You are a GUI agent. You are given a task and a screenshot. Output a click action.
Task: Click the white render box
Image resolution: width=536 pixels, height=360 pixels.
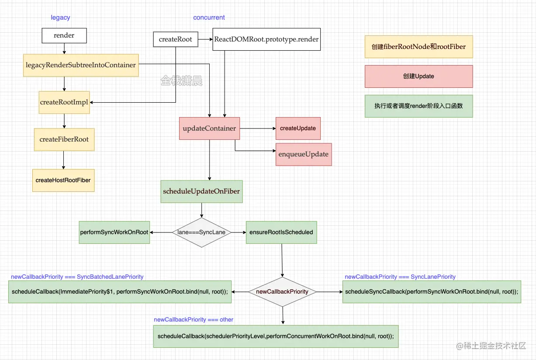[64, 36]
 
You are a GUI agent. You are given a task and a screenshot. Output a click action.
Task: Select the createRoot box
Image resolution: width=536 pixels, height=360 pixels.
[175, 39]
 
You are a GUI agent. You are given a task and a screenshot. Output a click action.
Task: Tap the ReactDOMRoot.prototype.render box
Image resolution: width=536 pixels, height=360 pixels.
[266, 39]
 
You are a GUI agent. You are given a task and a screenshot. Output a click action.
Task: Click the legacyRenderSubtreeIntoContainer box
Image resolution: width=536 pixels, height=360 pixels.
[81, 65]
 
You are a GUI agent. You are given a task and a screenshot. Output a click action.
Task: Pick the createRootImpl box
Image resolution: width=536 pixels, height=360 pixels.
[64, 102]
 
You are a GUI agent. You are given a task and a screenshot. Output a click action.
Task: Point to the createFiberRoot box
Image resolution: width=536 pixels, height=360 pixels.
[64, 139]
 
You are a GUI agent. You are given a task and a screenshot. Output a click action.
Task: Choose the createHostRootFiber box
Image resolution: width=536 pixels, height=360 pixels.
[63, 180]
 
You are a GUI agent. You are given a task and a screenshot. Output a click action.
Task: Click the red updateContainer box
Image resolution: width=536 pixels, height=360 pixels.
[209, 128]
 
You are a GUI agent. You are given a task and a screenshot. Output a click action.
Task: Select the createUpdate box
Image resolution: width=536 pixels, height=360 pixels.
[298, 128]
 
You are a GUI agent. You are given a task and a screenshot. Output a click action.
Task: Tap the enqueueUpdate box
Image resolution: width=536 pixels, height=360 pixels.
[304, 154]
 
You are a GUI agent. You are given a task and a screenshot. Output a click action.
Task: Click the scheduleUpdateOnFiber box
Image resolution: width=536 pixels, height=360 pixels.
[201, 191]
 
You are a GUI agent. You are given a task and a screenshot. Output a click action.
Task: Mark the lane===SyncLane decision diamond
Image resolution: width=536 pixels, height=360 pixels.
[201, 232]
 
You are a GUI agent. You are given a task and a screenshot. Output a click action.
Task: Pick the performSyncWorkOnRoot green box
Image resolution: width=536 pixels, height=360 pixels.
[114, 232]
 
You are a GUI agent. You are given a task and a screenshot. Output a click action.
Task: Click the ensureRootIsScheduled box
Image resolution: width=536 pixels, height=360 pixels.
[281, 232]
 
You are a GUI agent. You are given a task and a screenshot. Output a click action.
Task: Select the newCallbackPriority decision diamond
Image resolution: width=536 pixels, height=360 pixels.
[282, 292]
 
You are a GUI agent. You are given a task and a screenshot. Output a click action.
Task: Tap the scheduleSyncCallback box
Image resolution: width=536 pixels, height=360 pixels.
[432, 292]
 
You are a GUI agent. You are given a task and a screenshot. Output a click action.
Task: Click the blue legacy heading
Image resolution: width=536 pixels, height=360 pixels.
[60, 18]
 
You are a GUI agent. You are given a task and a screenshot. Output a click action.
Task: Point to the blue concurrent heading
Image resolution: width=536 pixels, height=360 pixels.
[209, 18]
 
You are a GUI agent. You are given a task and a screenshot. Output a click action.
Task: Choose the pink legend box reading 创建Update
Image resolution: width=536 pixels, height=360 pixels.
[418, 76]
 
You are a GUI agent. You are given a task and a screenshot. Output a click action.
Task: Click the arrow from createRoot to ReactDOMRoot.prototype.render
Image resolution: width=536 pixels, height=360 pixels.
[205, 39]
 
